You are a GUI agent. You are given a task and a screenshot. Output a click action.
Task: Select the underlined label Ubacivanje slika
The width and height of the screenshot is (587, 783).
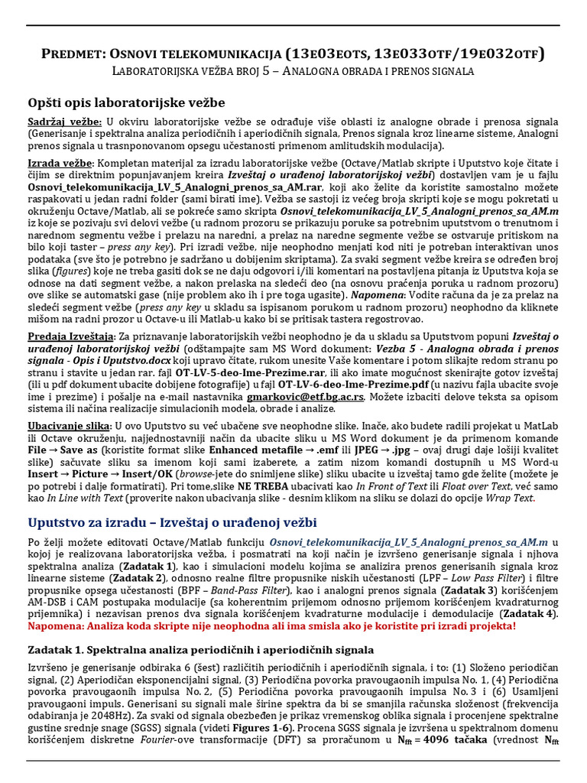click(70, 425)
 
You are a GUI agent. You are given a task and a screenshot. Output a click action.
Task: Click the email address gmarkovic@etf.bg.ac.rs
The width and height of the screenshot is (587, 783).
click(306, 398)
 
